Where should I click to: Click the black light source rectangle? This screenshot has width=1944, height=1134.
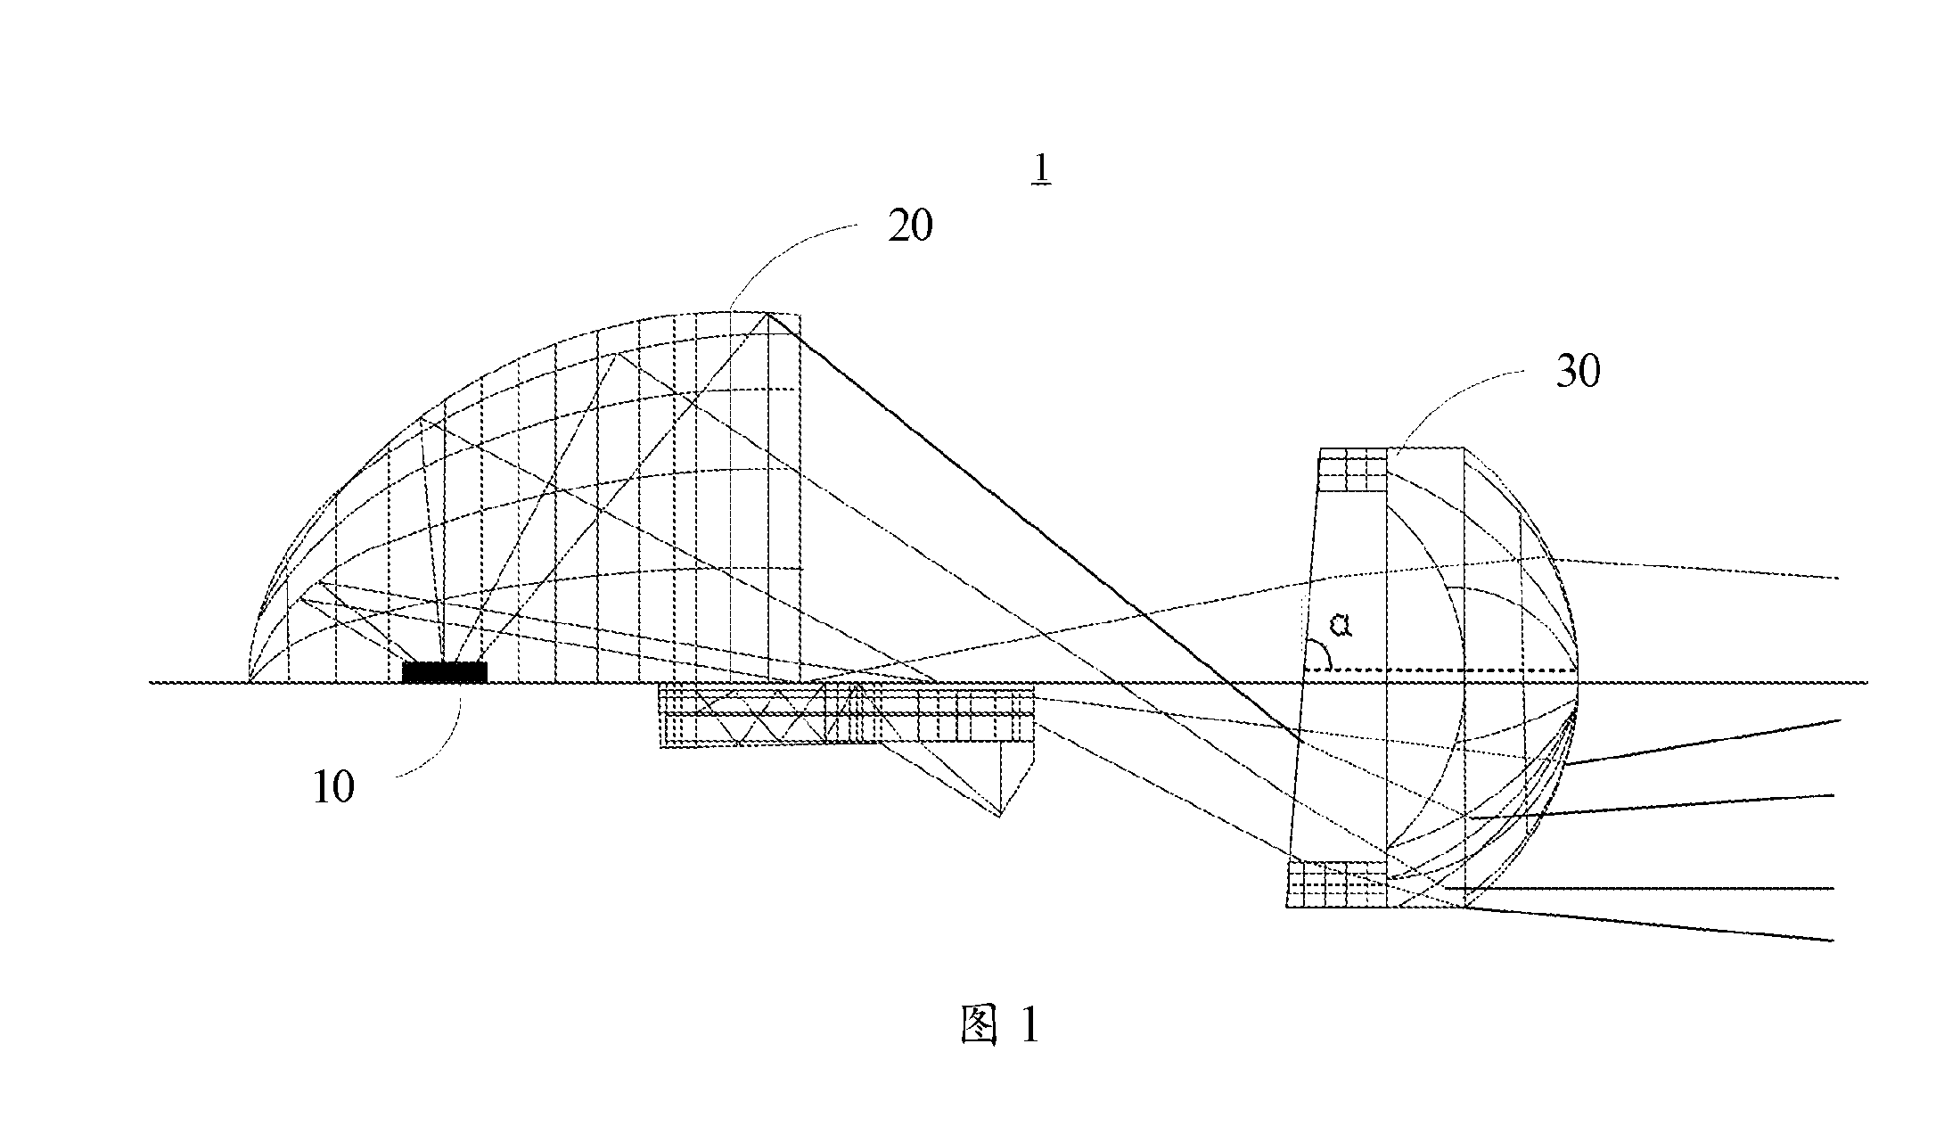pos(445,671)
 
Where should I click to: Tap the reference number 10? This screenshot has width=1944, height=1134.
pos(333,786)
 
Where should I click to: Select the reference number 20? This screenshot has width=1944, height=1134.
pos(910,226)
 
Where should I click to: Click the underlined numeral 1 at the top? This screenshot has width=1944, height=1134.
pos(1040,168)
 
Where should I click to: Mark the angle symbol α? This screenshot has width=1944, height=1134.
pos(1341,626)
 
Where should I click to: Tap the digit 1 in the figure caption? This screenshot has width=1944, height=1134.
pos(1029,1024)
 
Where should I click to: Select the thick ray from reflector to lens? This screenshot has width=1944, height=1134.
pos(1034,527)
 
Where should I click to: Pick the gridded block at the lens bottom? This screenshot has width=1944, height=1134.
pos(1337,883)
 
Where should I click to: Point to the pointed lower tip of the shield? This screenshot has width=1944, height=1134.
pos(999,816)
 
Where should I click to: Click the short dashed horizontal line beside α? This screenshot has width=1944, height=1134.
pos(1440,669)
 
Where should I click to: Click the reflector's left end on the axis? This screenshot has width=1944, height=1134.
pos(249,682)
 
